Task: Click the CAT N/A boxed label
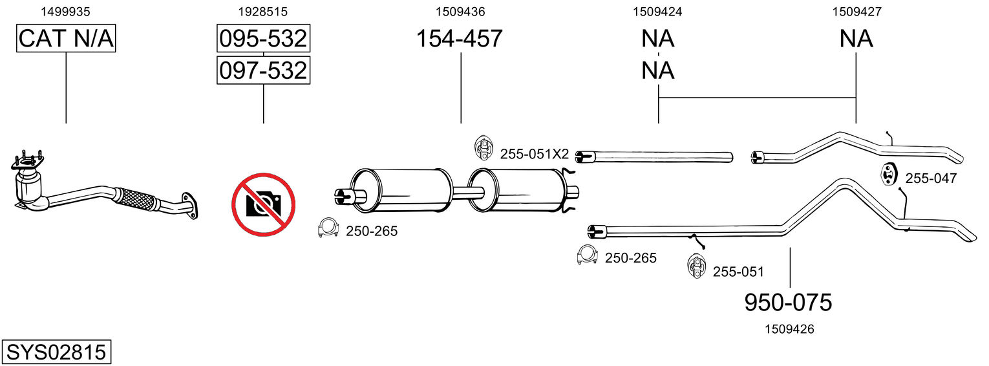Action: [x=66, y=39]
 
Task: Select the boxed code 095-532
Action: [x=263, y=39]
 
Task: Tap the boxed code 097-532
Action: [x=263, y=70]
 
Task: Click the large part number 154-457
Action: [x=459, y=39]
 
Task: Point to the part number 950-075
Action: [x=788, y=302]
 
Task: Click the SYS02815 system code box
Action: [x=56, y=352]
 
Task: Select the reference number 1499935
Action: [x=65, y=11]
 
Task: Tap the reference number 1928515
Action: [x=263, y=11]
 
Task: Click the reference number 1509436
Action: [x=460, y=11]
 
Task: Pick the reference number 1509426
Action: [x=789, y=329]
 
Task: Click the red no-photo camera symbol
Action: [x=263, y=204]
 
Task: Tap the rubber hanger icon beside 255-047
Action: [x=890, y=175]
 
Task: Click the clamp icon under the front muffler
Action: [x=329, y=228]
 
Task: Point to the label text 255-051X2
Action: [x=535, y=154]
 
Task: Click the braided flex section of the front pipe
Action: [x=136, y=199]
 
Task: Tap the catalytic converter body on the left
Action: [x=28, y=188]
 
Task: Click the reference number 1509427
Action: [x=856, y=11]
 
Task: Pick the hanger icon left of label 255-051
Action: [x=696, y=267]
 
